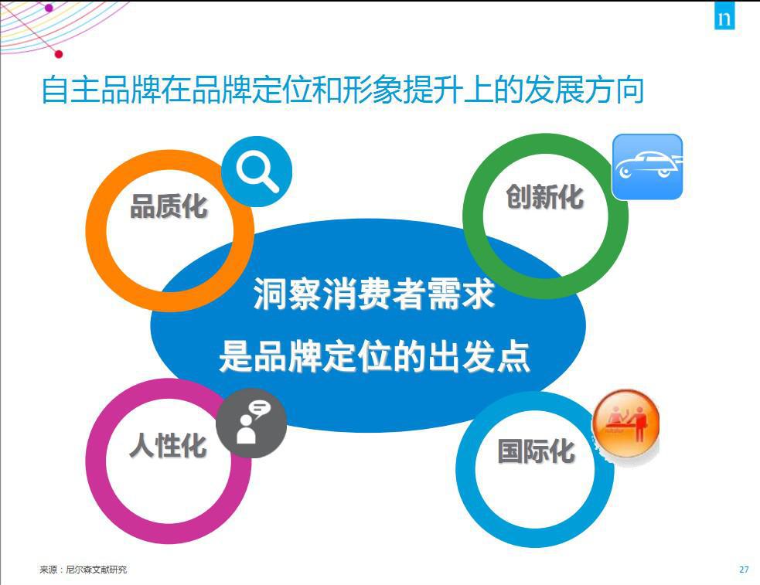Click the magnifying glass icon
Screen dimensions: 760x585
257,172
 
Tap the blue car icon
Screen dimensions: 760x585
647,167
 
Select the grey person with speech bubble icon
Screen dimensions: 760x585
251,423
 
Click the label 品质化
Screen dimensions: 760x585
169,206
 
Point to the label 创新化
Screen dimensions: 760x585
545,196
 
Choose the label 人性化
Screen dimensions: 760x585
169,445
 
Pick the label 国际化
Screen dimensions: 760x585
536,451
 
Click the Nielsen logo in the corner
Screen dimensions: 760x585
724,15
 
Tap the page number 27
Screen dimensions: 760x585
744,570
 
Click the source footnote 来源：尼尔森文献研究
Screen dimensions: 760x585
83,570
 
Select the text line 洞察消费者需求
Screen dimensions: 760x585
374,294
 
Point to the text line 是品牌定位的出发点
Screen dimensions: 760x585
374,356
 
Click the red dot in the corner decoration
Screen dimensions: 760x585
59,54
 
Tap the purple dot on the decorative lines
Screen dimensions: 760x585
49,8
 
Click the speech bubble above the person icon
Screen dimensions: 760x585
260,408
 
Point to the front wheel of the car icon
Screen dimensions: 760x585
625,172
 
